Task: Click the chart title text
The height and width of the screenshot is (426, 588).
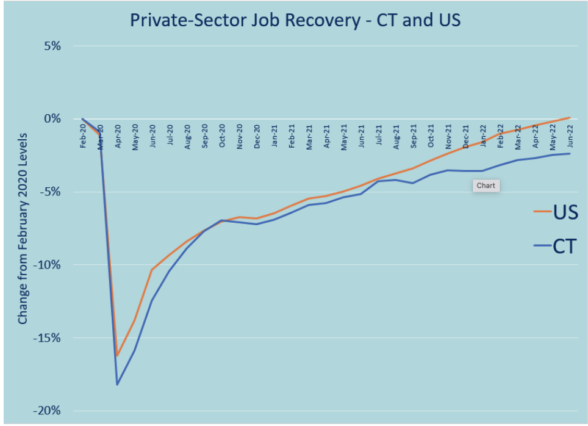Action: tap(295, 20)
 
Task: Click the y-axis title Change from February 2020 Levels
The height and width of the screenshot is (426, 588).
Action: tap(23, 228)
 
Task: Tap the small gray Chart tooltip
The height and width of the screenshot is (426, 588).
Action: tap(486, 186)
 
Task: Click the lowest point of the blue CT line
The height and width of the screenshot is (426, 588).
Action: tap(117, 384)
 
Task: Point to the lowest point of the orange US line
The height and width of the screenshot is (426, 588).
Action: tap(117, 355)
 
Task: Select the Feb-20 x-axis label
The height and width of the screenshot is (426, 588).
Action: tap(83, 135)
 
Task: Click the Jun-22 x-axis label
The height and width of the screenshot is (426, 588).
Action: tap(570, 135)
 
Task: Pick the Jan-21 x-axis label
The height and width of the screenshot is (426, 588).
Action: tap(274, 135)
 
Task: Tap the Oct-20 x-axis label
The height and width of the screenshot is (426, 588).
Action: tap(222, 135)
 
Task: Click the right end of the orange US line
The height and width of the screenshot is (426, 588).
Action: tap(570, 117)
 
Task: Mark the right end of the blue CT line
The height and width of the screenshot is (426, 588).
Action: tap(570, 153)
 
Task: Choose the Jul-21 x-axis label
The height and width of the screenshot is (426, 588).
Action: tap(379, 135)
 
